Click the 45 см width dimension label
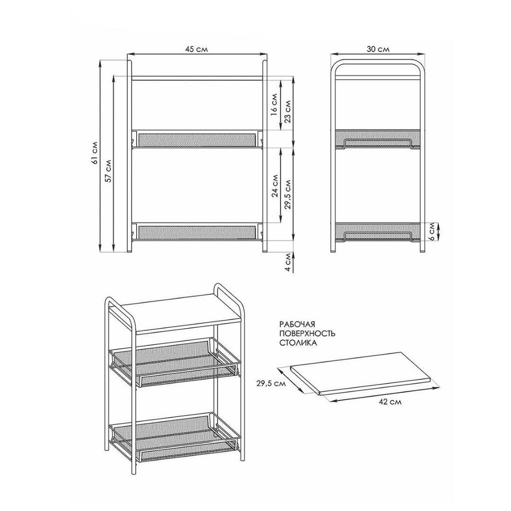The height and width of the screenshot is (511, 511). [x=197, y=49]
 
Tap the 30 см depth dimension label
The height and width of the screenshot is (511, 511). [x=378, y=49]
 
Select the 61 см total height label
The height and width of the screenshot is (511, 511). [x=95, y=152]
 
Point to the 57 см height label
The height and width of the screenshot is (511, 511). [x=109, y=171]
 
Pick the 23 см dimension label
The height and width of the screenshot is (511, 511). [x=288, y=111]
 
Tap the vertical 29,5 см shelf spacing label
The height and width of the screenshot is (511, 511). [x=288, y=194]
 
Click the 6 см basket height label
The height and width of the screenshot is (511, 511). [x=432, y=232]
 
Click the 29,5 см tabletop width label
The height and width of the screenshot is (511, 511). [x=271, y=384]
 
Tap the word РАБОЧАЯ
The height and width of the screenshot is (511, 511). [x=297, y=324]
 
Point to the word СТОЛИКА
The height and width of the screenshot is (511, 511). [x=298, y=343]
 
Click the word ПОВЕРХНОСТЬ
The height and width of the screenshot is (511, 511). [x=307, y=334]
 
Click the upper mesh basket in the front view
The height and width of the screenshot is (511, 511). [x=197, y=139]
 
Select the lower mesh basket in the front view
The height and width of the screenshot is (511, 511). [x=197, y=232]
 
